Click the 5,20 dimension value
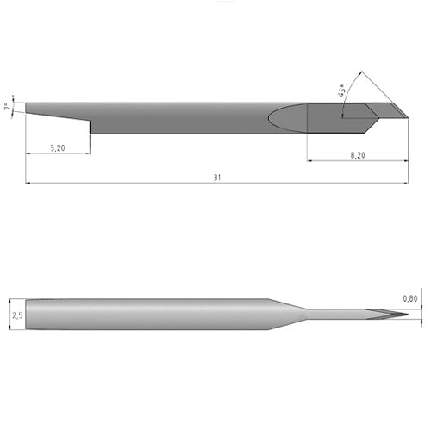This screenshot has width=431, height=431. (58, 148)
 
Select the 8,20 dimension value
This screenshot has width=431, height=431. (358, 155)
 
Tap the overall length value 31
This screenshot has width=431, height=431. (217, 178)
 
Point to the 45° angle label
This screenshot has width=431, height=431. (342, 91)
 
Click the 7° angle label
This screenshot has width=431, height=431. (9, 107)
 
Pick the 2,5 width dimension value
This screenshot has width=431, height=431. (17, 315)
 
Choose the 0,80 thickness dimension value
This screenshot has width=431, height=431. (410, 299)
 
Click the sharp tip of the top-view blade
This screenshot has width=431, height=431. (409, 118)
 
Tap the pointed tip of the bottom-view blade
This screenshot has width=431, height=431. (409, 315)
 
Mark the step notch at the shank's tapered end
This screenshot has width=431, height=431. (91, 127)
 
